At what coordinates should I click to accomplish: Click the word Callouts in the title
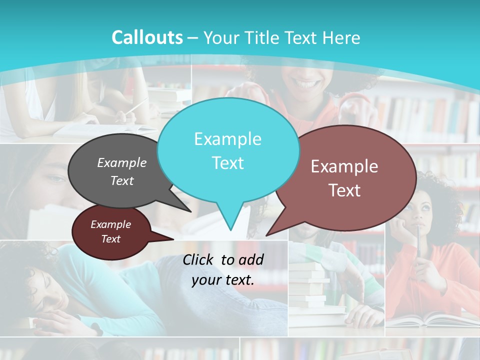147,37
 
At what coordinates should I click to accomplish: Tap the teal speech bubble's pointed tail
230,225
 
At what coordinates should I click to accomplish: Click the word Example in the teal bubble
227,139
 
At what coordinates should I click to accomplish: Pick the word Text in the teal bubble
227,163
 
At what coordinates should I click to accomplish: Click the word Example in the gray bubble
122,162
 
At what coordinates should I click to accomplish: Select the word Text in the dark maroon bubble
110,239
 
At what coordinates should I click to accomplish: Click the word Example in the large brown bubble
344,166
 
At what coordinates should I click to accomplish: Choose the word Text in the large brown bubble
344,190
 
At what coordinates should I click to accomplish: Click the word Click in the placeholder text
199,259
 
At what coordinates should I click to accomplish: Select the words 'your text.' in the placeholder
223,280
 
